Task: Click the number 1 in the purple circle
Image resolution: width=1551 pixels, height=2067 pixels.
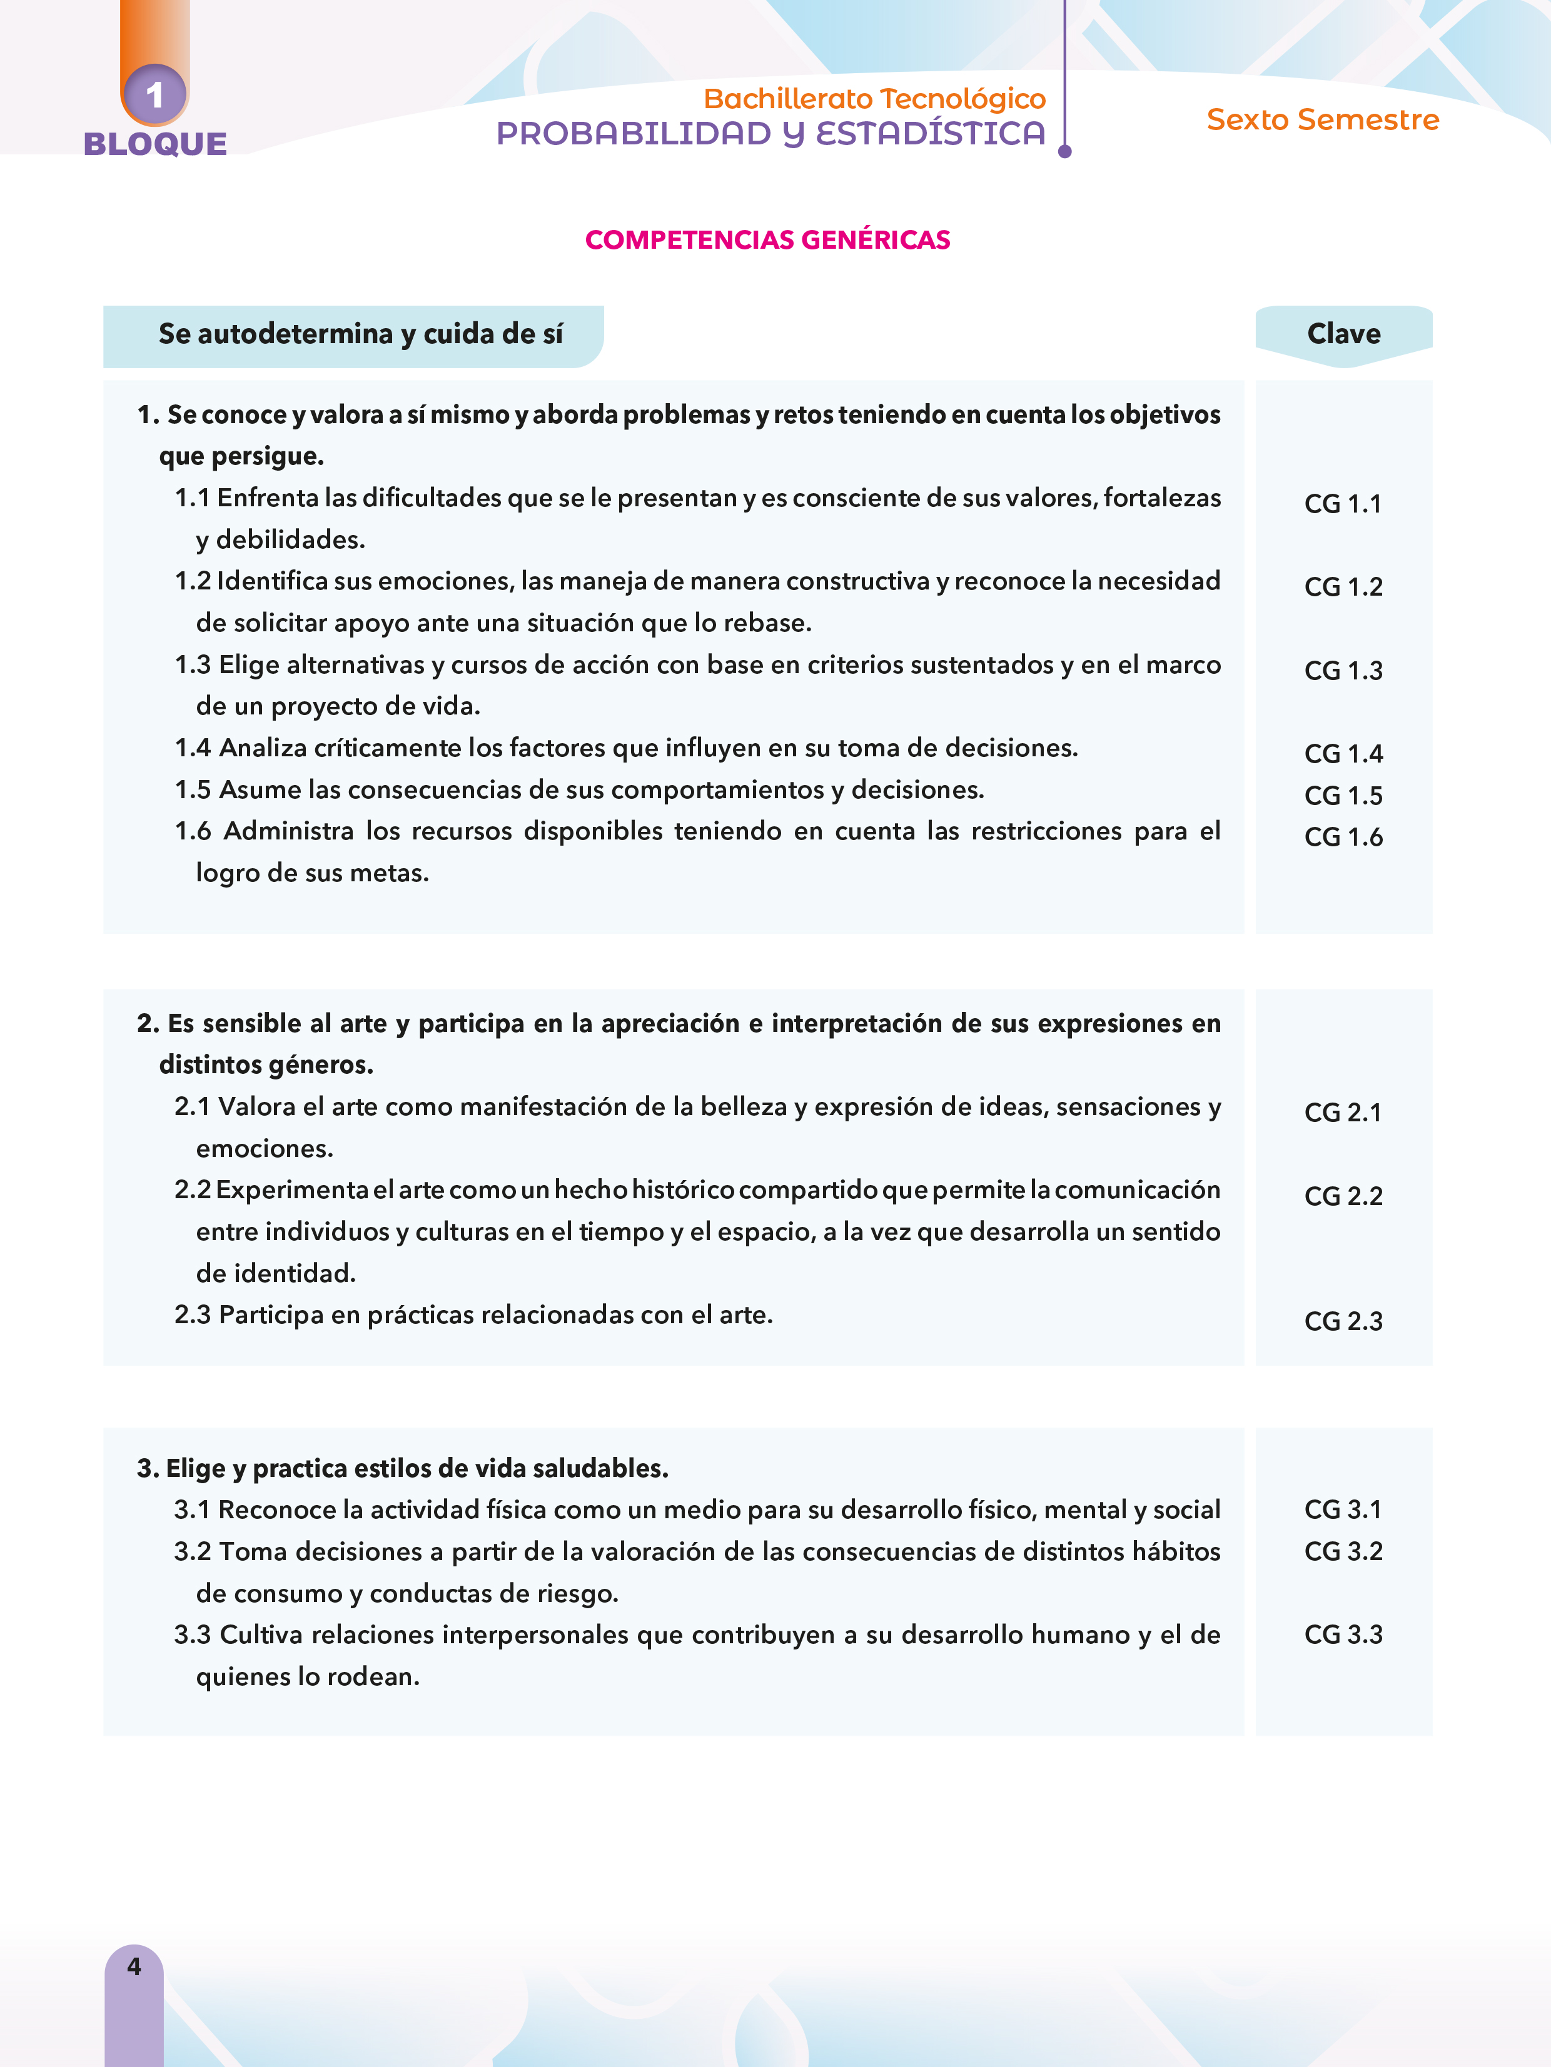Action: point(154,94)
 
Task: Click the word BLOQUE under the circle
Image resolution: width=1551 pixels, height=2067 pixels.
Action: point(155,144)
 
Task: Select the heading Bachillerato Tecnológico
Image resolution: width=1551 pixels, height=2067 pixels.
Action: point(874,98)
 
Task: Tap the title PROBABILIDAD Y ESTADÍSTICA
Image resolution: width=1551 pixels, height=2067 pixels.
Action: point(770,134)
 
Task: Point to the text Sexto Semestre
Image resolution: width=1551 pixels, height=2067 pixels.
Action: point(1322,119)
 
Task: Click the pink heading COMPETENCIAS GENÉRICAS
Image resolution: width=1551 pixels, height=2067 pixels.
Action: point(767,240)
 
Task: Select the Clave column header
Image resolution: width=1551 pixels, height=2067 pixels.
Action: point(1343,334)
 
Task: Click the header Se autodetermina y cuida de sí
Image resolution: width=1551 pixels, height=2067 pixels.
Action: point(360,334)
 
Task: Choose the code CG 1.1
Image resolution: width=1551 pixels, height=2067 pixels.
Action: point(1343,504)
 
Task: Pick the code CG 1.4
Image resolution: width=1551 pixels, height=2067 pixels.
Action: point(1343,753)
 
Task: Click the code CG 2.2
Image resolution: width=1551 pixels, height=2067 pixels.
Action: point(1343,1196)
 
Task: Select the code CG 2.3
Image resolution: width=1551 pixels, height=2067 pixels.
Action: point(1343,1321)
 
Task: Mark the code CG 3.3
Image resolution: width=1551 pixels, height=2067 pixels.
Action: point(1343,1634)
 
